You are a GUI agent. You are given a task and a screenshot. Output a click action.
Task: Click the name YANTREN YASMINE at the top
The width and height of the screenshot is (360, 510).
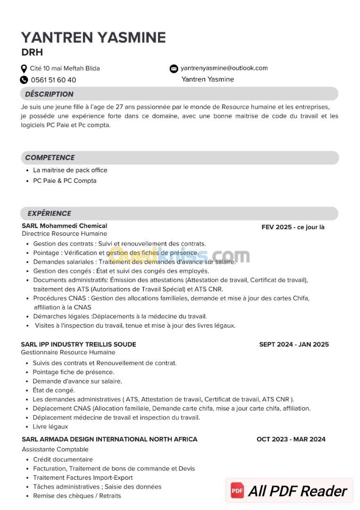tap(93, 37)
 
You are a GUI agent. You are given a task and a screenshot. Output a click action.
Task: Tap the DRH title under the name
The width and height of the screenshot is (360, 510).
tap(32, 52)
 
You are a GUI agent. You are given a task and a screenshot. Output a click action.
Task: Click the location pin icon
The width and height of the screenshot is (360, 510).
tap(24, 68)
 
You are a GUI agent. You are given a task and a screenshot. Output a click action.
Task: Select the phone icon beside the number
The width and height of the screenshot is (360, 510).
tap(24, 80)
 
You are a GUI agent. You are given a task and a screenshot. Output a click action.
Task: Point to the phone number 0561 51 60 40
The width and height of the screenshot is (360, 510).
tap(53, 80)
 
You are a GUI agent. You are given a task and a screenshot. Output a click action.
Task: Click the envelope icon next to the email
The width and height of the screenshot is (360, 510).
tap(174, 68)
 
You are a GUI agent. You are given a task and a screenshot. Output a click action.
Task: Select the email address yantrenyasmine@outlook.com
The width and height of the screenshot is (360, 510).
tap(224, 68)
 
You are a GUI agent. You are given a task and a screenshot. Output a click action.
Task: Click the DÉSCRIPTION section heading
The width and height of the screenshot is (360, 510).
tap(49, 94)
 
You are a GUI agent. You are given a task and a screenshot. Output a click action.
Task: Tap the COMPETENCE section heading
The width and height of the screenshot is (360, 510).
tap(50, 157)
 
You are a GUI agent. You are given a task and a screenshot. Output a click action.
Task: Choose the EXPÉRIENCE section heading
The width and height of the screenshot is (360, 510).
tap(49, 213)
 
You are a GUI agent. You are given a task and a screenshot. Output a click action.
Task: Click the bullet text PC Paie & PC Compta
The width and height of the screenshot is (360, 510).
tap(65, 181)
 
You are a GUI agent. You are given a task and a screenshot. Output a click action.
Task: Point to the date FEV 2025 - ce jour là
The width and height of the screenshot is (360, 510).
tap(293, 227)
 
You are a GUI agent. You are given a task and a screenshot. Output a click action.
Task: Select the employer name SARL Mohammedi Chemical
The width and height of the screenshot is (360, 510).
tap(64, 226)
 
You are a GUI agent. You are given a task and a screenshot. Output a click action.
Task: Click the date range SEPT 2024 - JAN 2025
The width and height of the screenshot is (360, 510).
tap(294, 344)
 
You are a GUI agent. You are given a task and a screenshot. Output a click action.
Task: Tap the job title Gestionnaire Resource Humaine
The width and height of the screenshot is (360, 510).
tap(68, 352)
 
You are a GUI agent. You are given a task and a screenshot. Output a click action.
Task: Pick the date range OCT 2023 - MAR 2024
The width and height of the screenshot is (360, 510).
tap(291, 439)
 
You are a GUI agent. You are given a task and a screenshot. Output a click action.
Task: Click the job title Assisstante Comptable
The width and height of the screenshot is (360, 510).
tap(55, 449)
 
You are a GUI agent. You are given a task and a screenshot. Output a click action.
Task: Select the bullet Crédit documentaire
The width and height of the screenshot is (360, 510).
tap(63, 459)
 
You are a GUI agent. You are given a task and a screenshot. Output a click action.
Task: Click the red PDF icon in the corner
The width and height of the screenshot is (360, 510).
tap(237, 491)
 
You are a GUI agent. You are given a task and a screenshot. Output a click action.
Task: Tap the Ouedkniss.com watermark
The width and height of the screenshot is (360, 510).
tap(179, 256)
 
